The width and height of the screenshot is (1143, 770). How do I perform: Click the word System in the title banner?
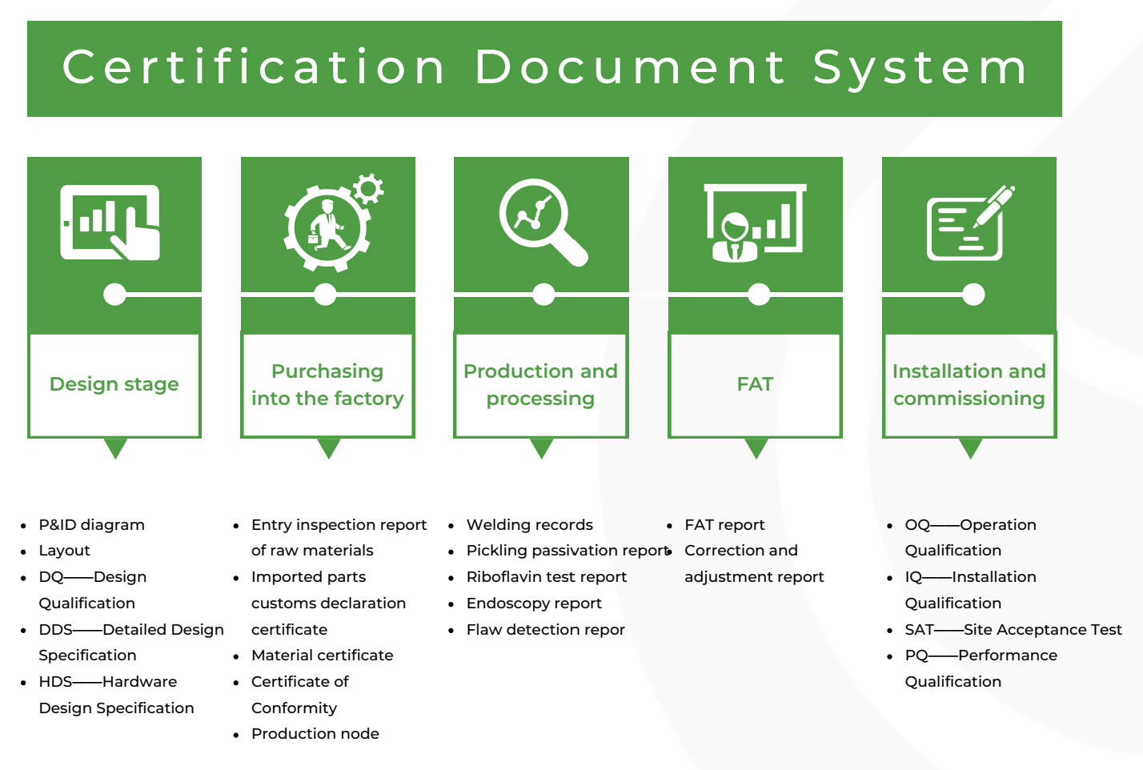click(919, 68)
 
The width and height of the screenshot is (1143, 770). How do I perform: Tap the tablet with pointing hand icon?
click(110, 223)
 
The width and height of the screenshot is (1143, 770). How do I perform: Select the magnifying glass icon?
click(543, 222)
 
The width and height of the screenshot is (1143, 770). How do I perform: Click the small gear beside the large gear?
click(368, 189)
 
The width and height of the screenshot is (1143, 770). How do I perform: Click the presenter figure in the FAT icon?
click(735, 237)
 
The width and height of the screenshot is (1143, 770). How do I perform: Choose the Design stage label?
click(114, 384)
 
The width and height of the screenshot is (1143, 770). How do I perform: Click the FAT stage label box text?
click(756, 384)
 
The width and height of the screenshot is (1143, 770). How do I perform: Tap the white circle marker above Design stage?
click(114, 295)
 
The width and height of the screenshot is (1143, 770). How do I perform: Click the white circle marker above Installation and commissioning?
click(973, 295)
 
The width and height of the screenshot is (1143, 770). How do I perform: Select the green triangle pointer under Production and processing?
click(541, 448)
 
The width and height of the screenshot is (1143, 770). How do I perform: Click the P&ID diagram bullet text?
click(92, 525)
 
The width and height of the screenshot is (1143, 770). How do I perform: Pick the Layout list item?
click(64, 551)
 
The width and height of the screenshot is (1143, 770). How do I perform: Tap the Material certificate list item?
click(323, 656)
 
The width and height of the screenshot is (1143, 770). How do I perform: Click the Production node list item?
click(315, 734)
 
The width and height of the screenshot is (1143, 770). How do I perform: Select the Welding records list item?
click(530, 525)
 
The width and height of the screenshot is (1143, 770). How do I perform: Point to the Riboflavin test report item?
click(547, 577)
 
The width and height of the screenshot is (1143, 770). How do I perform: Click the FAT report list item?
click(724, 525)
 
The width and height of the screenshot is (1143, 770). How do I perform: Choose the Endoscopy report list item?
click(534, 604)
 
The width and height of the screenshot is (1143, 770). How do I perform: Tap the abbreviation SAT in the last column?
click(920, 630)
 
